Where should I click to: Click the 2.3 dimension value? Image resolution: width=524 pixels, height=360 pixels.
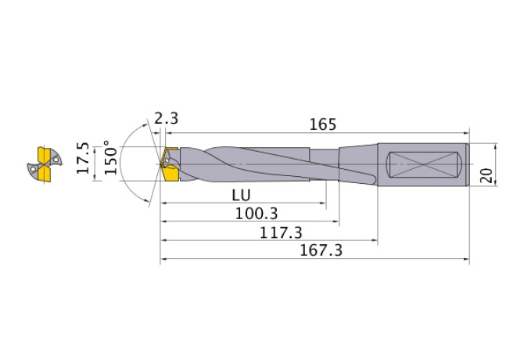(x=166, y=119)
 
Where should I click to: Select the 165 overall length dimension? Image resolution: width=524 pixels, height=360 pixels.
(x=322, y=124)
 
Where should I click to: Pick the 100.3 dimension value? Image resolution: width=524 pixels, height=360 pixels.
(x=257, y=213)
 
